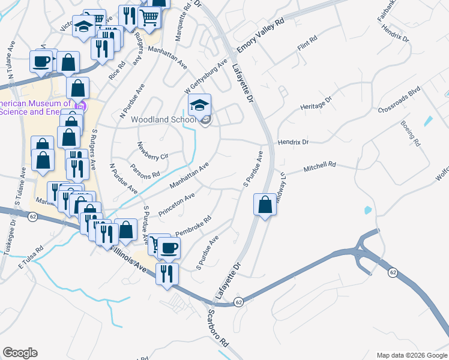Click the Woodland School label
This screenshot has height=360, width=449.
(x=163, y=119)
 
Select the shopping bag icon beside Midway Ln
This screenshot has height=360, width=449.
(x=265, y=205)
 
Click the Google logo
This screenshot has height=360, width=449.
(x=20, y=353)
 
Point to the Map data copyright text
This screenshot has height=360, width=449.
(x=411, y=355)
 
